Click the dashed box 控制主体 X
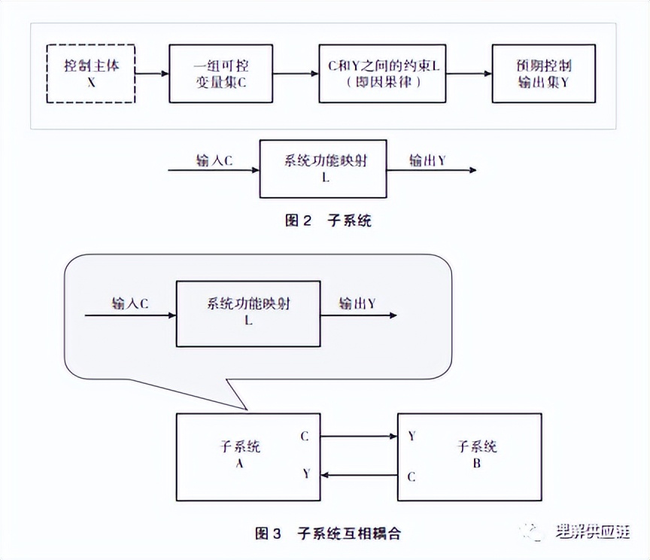(91, 73)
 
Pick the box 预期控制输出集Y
(543, 73)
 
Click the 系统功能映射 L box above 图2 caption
(323, 168)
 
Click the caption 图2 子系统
(328, 221)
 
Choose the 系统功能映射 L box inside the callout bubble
(248, 313)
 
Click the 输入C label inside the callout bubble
(130, 304)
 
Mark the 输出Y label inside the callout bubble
(357, 304)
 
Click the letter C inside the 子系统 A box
(304, 436)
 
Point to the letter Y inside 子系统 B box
(412, 436)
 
